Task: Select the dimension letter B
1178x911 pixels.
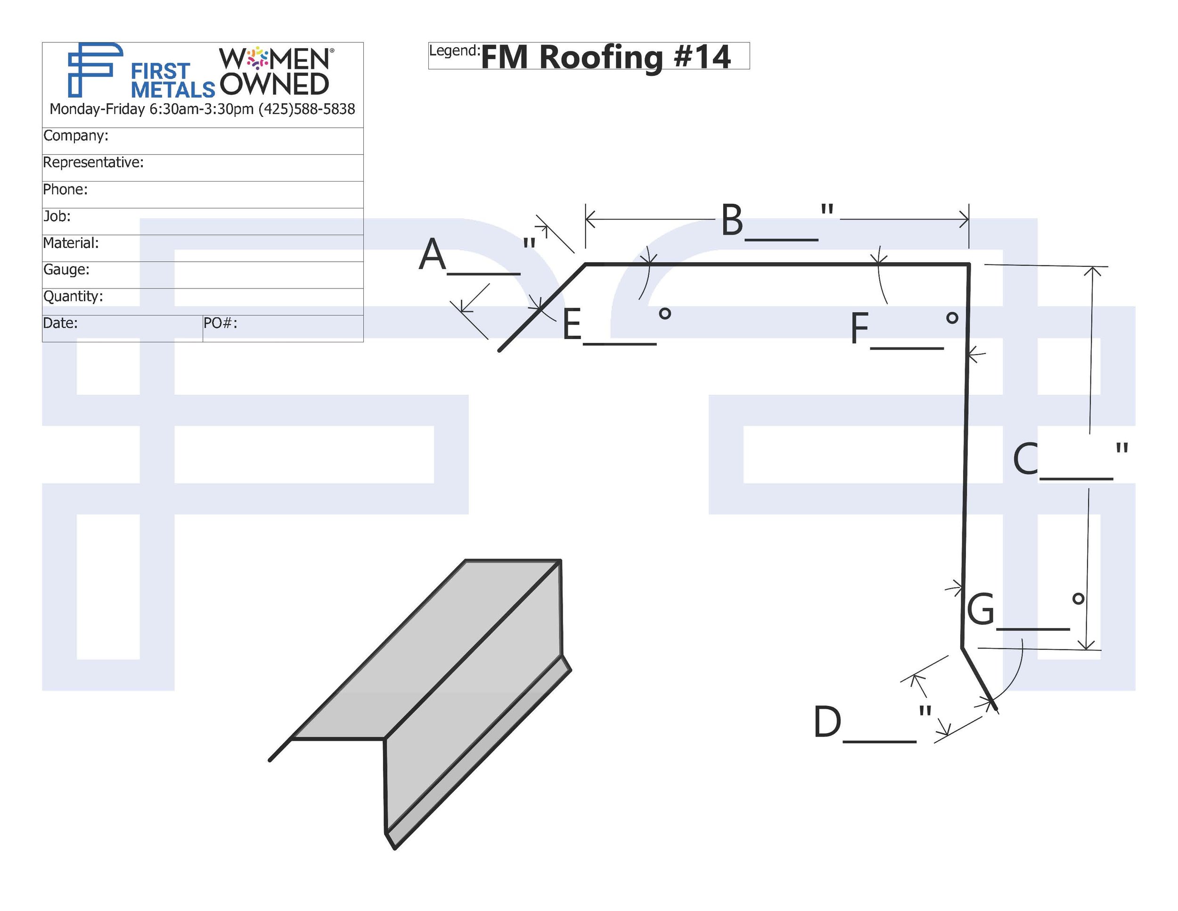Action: coord(732,220)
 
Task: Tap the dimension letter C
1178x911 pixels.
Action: coord(1025,459)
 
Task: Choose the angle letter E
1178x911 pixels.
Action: coord(572,324)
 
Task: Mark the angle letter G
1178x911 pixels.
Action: coord(981,609)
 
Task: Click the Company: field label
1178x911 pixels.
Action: coord(75,135)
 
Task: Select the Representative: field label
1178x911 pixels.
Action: coord(93,163)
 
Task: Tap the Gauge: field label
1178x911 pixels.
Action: coord(66,269)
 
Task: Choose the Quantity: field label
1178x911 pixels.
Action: coord(73,296)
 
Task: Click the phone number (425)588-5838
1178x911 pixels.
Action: coord(307,109)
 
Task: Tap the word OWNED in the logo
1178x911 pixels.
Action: coord(275,84)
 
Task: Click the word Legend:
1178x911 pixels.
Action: coord(454,51)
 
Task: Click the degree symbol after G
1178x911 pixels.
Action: coord(1078,598)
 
